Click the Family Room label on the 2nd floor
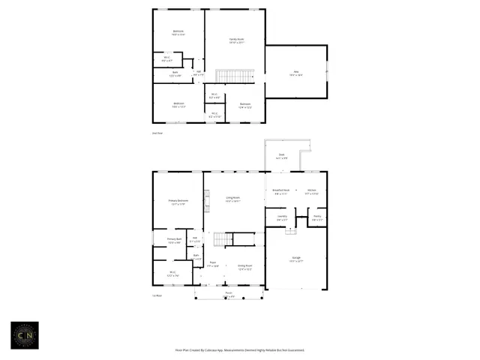coord(235,40)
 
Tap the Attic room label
coord(295,73)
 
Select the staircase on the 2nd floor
coord(235,75)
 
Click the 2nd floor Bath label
coord(174,73)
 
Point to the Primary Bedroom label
coord(178,202)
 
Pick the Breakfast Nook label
coord(281,192)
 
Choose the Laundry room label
coord(281,218)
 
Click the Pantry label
coord(317,218)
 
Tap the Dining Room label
coord(244,267)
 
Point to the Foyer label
coord(213,265)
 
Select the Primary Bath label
coord(174,241)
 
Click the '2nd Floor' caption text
coord(157,133)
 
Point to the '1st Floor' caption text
coord(157,295)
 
